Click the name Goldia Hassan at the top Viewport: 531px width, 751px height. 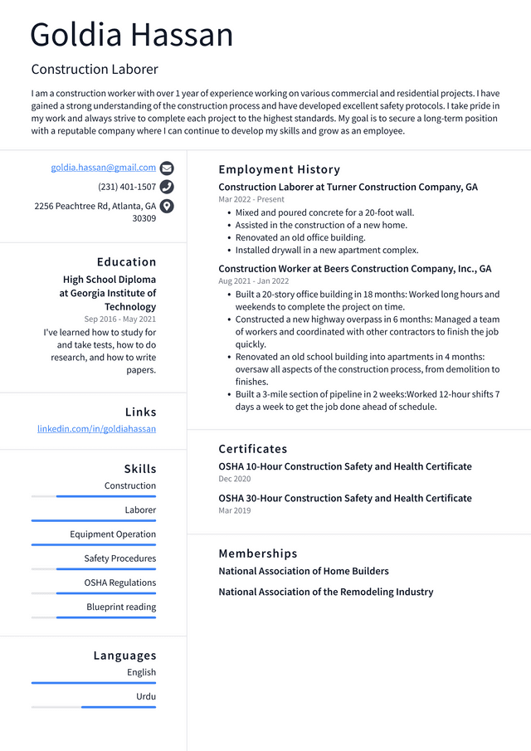(132, 35)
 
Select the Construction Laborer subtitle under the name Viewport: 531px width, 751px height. (95, 69)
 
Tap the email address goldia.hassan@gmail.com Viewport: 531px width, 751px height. (104, 168)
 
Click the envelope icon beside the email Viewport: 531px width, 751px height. (167, 168)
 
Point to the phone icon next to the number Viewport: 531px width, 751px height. (167, 187)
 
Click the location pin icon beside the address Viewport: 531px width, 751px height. (167, 207)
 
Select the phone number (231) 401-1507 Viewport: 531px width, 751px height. (127, 187)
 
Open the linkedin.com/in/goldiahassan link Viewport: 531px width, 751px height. (96, 429)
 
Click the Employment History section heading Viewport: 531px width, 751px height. (279, 169)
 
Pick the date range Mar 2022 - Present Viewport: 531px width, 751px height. (251, 199)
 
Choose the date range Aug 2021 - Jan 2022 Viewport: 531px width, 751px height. (253, 281)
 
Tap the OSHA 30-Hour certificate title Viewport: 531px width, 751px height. (345, 498)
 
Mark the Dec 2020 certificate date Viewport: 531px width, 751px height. (235, 479)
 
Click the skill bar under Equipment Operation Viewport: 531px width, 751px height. (94, 544)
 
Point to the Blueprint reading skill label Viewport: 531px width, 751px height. (121, 607)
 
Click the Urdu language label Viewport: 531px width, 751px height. (146, 696)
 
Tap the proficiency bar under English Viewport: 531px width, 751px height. (94, 683)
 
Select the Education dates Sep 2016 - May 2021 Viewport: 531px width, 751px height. (119, 319)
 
